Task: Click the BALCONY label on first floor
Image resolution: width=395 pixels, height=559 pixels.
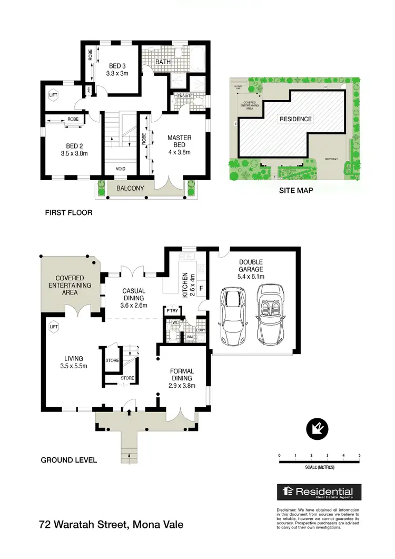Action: [130, 188]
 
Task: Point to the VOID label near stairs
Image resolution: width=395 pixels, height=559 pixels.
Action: [120, 169]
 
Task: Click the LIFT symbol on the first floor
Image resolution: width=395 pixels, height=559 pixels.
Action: [53, 95]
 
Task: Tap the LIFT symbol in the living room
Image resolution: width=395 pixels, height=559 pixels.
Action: [53, 327]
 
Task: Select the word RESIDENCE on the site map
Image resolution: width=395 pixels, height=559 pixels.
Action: [295, 119]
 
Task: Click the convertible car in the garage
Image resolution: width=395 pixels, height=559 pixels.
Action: [272, 314]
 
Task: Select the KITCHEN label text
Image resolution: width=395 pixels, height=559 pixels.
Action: [185, 285]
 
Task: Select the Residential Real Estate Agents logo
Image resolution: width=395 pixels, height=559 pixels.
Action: [319, 492]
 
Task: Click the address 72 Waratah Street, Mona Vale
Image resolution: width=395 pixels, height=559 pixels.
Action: [112, 525]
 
